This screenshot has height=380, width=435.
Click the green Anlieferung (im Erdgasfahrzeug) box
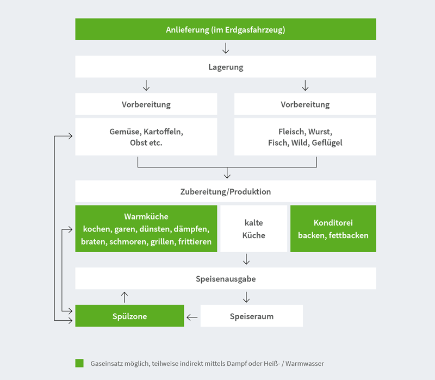tap(225, 29)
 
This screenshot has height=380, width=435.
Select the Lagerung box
tap(225, 67)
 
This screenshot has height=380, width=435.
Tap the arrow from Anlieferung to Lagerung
tap(226, 48)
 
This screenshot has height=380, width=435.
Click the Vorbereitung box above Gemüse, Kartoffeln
tap(146, 104)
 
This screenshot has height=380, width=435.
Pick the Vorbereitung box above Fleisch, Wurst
tap(305, 104)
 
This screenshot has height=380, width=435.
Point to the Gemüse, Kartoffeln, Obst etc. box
tap(146, 137)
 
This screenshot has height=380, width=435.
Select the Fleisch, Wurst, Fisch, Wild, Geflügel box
tap(305, 137)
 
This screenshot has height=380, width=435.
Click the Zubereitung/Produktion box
tap(225, 192)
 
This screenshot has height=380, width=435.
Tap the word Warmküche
tap(146, 217)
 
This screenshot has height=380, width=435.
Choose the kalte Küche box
tap(254, 229)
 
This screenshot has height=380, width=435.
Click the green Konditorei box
tap(333, 229)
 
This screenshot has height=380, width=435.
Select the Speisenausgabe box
tap(225, 279)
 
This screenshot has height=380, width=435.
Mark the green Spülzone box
tap(129, 316)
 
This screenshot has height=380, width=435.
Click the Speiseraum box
tap(251, 316)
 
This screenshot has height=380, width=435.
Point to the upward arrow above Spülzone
tap(125, 297)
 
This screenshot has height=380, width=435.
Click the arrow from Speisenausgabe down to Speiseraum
tap(246, 297)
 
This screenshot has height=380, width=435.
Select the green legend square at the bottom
tap(79, 363)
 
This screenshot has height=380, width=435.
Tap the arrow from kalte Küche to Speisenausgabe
tap(246, 259)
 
